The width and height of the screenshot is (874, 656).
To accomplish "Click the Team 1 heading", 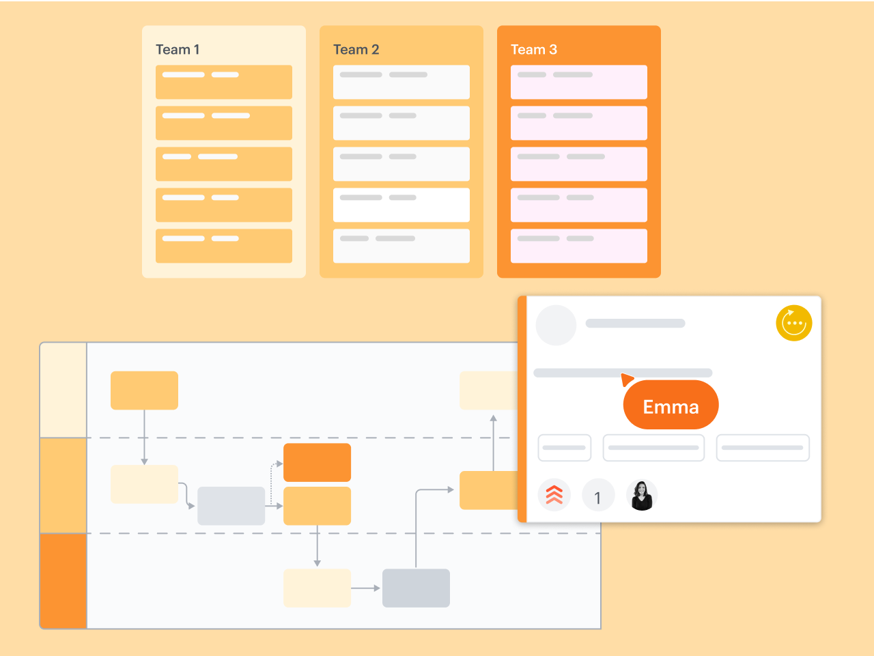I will tap(178, 50).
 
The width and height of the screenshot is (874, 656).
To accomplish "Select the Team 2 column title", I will tap(356, 50).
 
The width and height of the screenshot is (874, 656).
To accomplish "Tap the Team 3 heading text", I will tap(534, 50).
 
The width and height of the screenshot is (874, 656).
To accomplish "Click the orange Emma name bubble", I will tap(671, 406).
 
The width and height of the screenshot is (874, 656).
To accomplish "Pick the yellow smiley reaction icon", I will tap(793, 323).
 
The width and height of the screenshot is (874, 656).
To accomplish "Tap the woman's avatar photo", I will tap(642, 496).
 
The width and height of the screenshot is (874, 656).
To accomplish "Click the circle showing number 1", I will tap(597, 497).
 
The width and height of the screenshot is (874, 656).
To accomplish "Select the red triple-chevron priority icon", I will tap(554, 495).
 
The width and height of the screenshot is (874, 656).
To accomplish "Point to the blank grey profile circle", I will tap(556, 325).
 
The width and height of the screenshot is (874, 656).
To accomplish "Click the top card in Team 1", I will tap(224, 82).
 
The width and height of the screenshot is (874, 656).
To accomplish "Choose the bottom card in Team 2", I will tap(401, 246).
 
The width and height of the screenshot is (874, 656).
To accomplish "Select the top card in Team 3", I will tap(579, 82).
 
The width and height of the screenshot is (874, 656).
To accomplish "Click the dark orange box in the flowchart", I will tap(317, 462).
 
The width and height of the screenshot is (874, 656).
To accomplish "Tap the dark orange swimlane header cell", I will tap(64, 580).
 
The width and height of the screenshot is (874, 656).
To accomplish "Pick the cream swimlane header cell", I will tap(64, 390).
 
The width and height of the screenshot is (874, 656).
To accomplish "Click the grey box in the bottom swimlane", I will tap(416, 588).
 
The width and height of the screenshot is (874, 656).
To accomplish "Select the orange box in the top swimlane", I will tap(144, 390).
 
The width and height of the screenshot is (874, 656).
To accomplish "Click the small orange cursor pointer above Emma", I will tap(627, 379).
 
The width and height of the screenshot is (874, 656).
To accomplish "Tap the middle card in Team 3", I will tap(579, 164).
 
